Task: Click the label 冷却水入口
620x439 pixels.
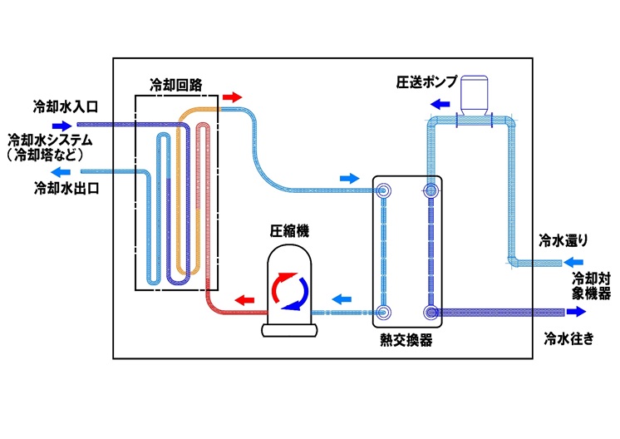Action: pyautogui.click(x=66, y=106)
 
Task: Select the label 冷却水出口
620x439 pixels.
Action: pyautogui.click(x=66, y=189)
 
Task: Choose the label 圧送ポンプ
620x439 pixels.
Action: pyautogui.click(x=426, y=83)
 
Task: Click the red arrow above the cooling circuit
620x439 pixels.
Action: pyautogui.click(x=232, y=97)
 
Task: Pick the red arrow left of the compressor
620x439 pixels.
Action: pyautogui.click(x=244, y=298)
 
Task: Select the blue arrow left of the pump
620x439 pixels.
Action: pyautogui.click(x=440, y=105)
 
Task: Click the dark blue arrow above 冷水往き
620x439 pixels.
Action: pyautogui.click(x=575, y=313)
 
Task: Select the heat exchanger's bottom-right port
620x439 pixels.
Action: pyautogui.click(x=431, y=313)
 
